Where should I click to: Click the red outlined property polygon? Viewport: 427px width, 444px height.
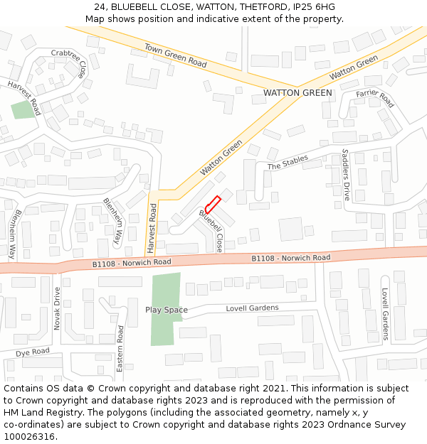tap(212, 204)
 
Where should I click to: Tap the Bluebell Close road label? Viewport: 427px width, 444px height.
tap(213, 231)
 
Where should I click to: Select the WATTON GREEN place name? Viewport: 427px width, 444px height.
tap(297, 93)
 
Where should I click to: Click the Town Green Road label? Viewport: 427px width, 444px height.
tap(175, 55)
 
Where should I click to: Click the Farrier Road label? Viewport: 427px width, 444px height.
tap(375, 98)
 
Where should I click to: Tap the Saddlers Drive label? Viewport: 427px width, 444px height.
tap(347, 174)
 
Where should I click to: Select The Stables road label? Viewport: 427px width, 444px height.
tap(288, 162)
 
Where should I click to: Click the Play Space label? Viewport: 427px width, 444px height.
tap(167, 310)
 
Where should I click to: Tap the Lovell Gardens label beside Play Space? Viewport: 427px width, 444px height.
tap(252, 308)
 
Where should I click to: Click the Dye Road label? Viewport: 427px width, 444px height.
tap(33, 352)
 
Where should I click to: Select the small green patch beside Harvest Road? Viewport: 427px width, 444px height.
tap(23, 110)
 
